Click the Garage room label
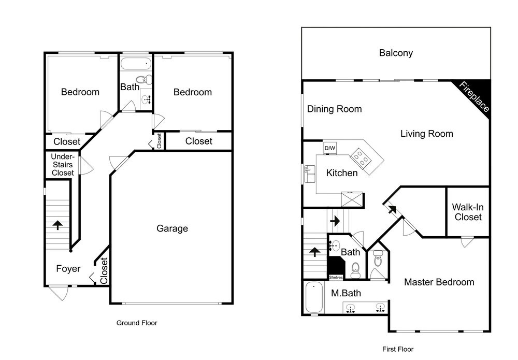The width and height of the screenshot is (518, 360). tap(172, 228)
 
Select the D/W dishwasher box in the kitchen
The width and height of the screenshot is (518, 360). tap(329, 148)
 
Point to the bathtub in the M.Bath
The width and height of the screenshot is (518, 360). tap(314, 297)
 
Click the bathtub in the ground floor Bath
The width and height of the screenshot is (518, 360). tap(135, 63)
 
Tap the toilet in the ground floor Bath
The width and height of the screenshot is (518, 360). tap(145, 80)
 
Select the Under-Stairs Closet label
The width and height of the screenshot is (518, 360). tap(63, 165)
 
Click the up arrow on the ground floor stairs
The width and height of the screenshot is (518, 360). tap(58, 225)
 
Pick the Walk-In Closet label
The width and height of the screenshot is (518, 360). tap(468, 212)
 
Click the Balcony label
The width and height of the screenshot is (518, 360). tap(396, 53)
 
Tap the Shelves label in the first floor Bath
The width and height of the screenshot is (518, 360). tap(336, 278)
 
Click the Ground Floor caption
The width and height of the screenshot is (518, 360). tap(137, 323)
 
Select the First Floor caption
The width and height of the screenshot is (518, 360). tap(398, 349)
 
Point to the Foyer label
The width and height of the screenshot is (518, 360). tap(68, 268)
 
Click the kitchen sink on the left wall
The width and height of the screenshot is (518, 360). tap(310, 174)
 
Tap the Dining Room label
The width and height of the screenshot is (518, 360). tap(334, 109)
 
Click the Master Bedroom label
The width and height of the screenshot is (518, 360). tap(439, 282)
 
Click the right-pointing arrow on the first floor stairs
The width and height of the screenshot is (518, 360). tap(335, 221)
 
